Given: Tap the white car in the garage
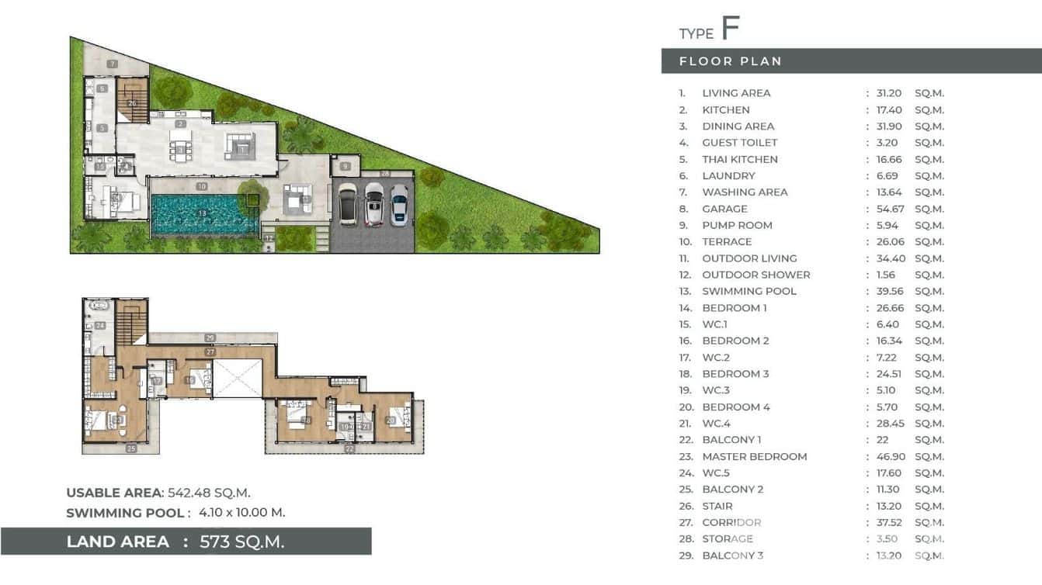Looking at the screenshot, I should (x=374, y=204).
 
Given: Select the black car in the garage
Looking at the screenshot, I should (x=347, y=203).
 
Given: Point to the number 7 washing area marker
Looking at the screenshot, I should (x=113, y=64).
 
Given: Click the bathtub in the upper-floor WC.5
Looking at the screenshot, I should (x=99, y=306).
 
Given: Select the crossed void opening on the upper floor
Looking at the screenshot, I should (x=238, y=379).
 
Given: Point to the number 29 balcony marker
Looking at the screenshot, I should (x=210, y=337).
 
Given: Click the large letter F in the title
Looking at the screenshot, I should (x=730, y=28).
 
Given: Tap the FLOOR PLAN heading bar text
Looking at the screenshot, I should (x=730, y=61).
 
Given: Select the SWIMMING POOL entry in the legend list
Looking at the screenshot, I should (x=749, y=291).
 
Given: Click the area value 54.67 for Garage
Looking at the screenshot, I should (x=889, y=209).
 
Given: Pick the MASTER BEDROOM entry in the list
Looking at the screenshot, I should (x=754, y=456).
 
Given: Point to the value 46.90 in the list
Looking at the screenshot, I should (x=889, y=456).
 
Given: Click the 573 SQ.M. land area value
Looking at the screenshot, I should (x=241, y=542).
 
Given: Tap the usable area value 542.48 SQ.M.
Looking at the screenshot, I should (x=209, y=493).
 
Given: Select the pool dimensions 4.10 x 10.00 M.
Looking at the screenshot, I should (x=241, y=512).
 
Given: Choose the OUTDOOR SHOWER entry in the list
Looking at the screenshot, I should (x=755, y=275).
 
